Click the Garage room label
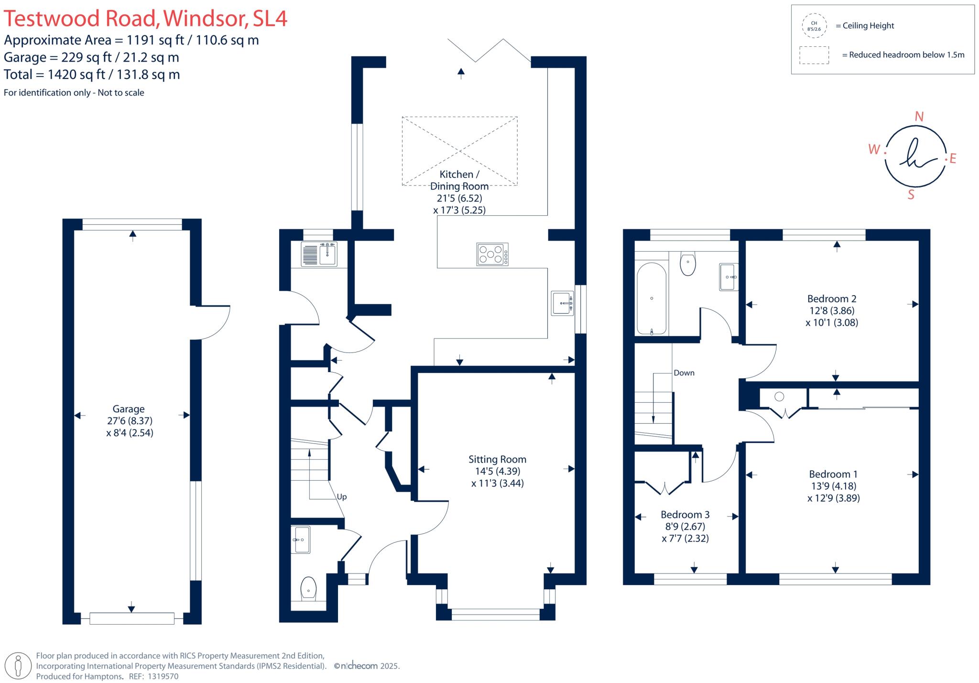[x=128, y=409]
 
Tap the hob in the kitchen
[x=492, y=254]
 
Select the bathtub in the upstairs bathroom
[x=651, y=298]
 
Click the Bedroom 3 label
[x=685, y=515]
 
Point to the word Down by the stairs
[x=684, y=373]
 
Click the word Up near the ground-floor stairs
[x=341, y=497]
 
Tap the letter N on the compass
[x=919, y=117]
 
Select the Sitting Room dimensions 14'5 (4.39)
[x=497, y=471]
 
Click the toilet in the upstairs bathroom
[x=687, y=264]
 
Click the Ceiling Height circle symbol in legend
[x=814, y=26]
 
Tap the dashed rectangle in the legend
[x=814, y=55]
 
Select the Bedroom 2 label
[x=832, y=299]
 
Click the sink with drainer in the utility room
[x=319, y=254]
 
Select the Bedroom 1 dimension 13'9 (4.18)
[x=833, y=486]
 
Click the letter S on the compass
[x=911, y=195]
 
